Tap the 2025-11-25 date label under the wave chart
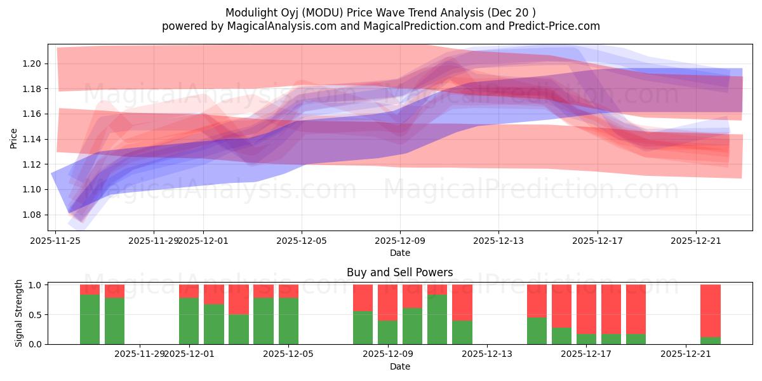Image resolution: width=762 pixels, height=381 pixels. coord(55,241)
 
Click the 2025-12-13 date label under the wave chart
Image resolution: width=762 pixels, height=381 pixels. coord(498,241)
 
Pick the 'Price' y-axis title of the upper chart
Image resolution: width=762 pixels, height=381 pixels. coord(13,138)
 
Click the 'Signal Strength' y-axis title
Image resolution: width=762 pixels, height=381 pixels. coord(19,313)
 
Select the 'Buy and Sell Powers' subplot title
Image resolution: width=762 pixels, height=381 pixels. coord(399,272)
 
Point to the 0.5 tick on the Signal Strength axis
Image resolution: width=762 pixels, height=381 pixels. coord(36,314)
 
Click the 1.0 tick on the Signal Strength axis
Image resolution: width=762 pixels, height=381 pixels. coord(36,285)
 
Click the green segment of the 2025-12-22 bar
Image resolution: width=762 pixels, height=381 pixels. coord(711,340)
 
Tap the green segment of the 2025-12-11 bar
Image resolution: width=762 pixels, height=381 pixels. coord(438,319)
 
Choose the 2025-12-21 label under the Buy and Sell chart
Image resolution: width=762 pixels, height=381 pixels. coord(686,354)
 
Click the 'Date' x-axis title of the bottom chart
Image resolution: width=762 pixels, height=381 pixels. coord(399,366)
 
